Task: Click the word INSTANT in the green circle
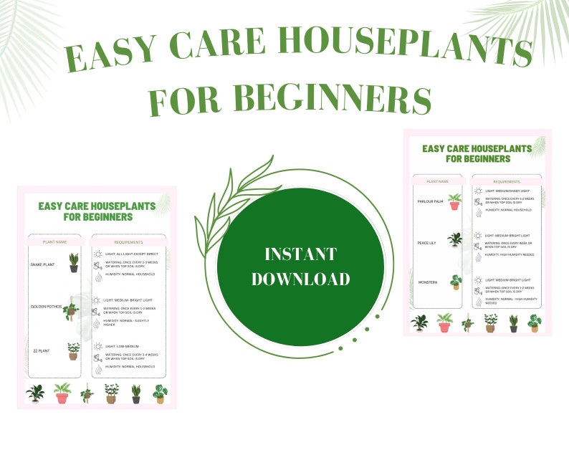[x=300, y=254]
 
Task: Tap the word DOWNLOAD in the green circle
[x=300, y=279]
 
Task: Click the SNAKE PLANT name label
[x=42, y=264]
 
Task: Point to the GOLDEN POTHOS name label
[x=45, y=307]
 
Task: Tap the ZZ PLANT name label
[x=41, y=350]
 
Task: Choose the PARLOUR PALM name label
[x=431, y=201]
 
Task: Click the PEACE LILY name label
[x=428, y=243]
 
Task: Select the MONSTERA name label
[x=428, y=282]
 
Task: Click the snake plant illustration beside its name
[x=74, y=262]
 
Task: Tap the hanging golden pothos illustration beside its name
[x=72, y=309]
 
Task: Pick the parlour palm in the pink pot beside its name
[x=454, y=201]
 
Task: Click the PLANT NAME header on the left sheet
[x=55, y=242]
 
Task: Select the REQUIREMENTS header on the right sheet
[x=507, y=182]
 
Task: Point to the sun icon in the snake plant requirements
[x=97, y=254]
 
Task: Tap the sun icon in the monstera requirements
[x=477, y=280]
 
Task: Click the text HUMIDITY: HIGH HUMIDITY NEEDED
[x=508, y=254]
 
